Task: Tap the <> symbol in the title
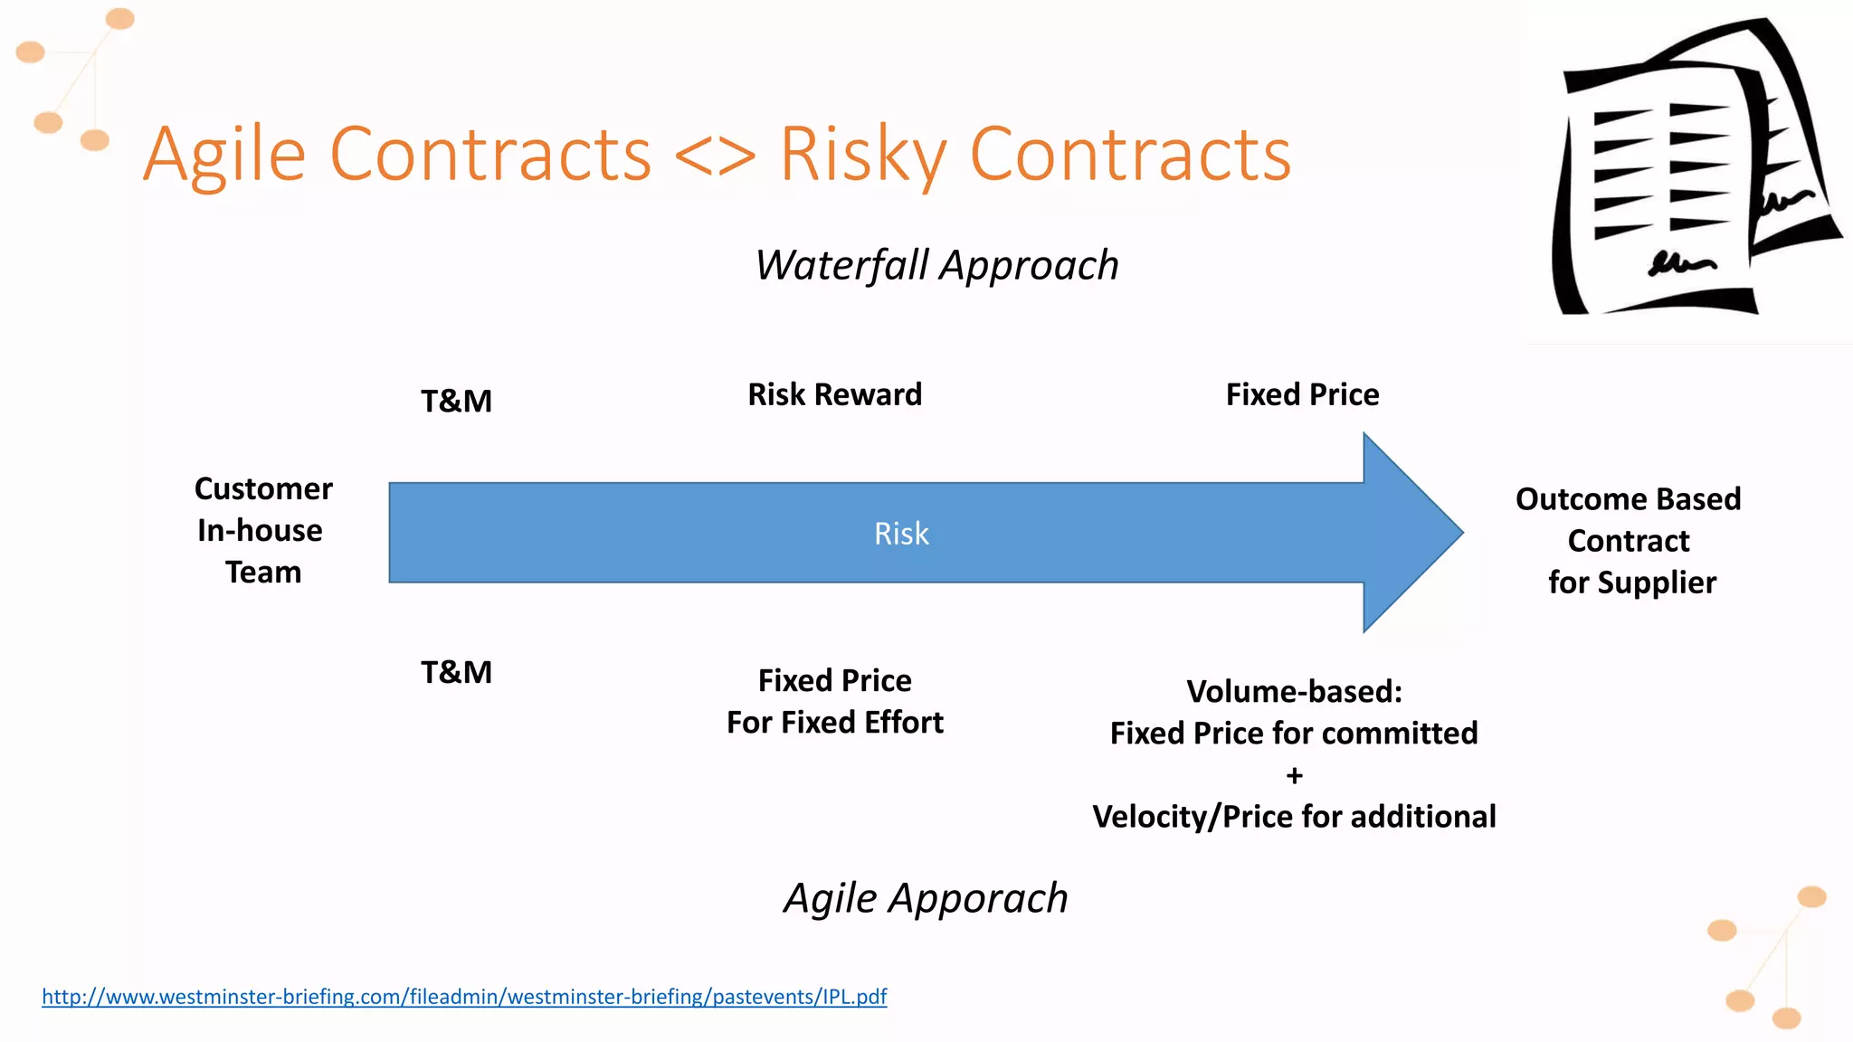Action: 715,156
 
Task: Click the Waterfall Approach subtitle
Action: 936,266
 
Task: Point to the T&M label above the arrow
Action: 456,401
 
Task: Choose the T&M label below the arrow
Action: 456,672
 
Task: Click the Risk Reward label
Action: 834,394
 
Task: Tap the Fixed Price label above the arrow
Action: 1302,394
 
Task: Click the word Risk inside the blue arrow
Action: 901,534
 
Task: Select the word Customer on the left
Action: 263,488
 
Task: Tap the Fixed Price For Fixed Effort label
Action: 834,701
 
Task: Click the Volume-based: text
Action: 1294,692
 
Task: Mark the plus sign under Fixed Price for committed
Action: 1294,775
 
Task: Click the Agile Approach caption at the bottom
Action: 926,898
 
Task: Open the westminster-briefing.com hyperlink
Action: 464,997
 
